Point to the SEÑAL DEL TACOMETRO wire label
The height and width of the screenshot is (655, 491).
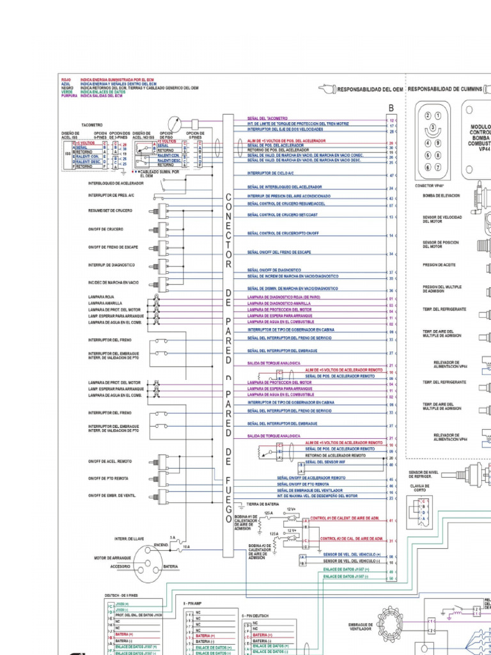[x=267, y=118]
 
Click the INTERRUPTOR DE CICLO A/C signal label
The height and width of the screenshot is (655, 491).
[x=271, y=174]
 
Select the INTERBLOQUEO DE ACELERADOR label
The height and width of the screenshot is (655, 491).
[x=116, y=183]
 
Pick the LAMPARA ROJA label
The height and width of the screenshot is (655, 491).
[x=100, y=297]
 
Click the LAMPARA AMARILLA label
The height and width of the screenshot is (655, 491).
[x=104, y=303]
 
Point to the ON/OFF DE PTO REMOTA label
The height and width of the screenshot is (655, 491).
[x=108, y=478]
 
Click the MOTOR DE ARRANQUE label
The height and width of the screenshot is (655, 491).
[x=113, y=558]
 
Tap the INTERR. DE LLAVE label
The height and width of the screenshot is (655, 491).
[x=129, y=538]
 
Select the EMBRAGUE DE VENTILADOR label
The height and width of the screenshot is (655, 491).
[x=361, y=626]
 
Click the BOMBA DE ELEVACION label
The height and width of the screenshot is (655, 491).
[x=441, y=196]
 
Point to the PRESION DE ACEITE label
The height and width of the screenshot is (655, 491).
[x=439, y=265]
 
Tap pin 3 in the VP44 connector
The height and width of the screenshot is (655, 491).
[x=433, y=128]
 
